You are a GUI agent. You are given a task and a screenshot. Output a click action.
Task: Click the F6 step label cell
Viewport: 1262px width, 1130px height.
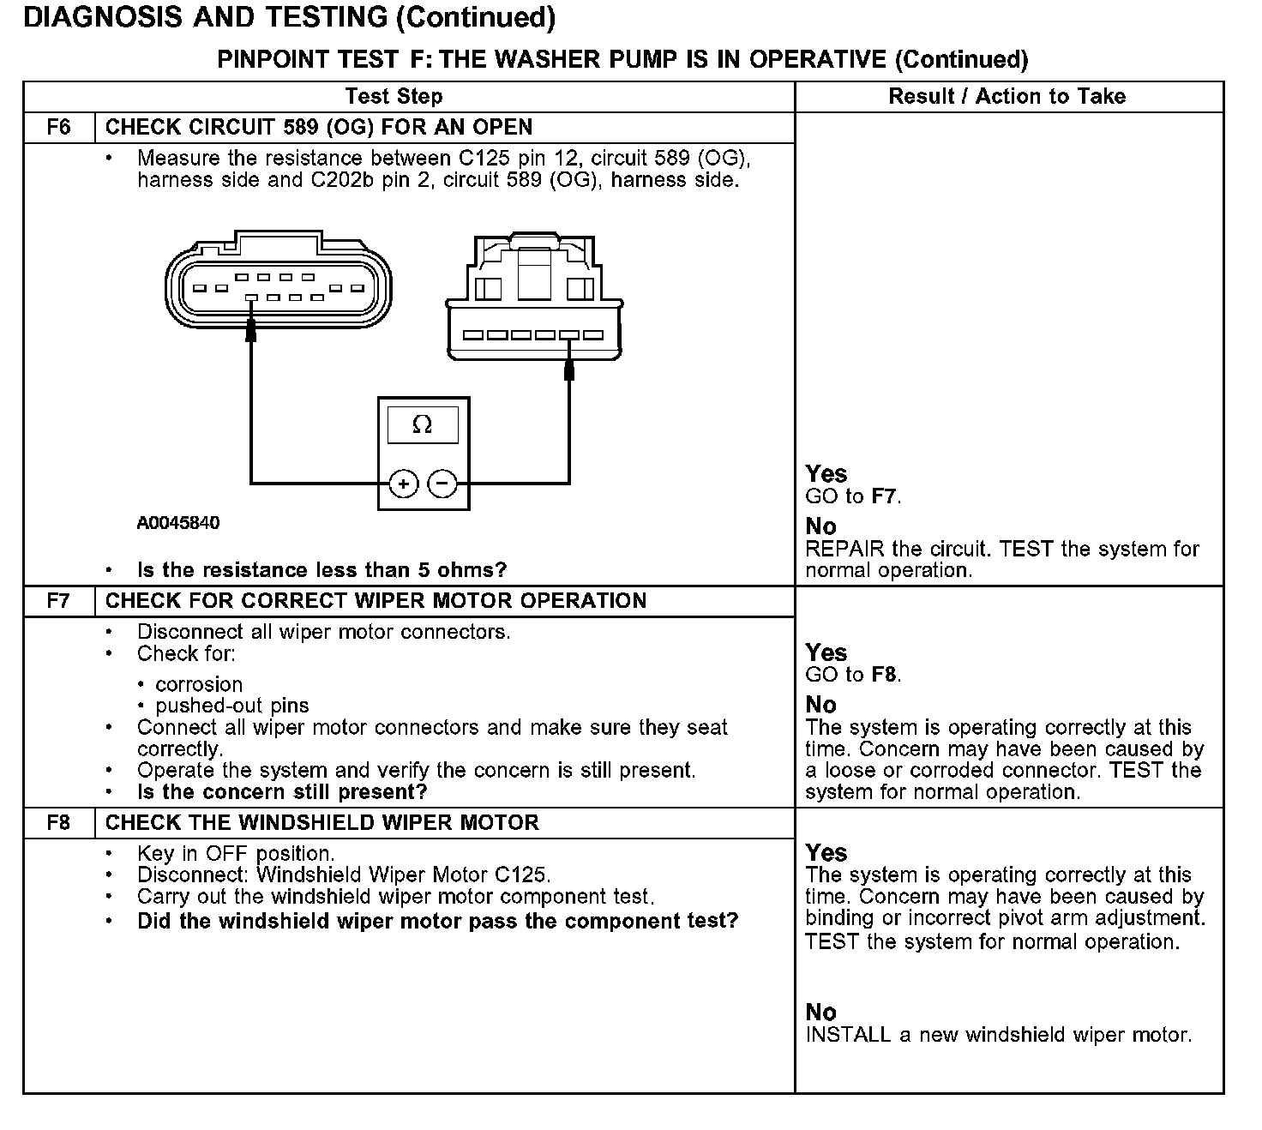58,128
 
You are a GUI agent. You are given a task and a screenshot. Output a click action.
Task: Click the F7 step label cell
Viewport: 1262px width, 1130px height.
58,601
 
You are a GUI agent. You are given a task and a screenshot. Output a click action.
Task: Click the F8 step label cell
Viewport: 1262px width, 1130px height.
58,823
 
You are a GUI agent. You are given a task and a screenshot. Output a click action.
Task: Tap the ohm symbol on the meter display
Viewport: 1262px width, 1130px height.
422,424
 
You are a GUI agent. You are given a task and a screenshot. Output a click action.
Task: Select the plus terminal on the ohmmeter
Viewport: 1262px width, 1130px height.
403,484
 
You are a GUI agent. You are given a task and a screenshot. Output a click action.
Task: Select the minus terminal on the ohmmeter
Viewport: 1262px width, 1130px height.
442,484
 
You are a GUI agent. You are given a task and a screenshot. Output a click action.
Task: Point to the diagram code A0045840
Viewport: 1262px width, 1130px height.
178,523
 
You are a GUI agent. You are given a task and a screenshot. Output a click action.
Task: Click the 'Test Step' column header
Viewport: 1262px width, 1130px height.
394,97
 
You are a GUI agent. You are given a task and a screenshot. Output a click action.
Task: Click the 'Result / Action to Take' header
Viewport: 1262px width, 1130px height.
1007,97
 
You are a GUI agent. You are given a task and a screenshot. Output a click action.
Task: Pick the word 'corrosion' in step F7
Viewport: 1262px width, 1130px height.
199,685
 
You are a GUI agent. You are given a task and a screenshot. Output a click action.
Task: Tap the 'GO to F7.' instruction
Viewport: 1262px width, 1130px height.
853,496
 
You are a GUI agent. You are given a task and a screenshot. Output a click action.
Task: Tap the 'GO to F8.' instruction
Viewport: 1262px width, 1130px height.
853,675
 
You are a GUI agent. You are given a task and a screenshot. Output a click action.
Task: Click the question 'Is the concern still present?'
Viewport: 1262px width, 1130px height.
282,792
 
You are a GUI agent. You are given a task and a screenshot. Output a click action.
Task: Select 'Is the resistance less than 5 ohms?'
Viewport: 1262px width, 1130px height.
322,570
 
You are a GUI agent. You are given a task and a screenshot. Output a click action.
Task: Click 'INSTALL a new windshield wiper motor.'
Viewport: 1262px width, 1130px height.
998,1035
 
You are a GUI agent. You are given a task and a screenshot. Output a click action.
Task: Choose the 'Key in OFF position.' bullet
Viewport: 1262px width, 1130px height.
236,854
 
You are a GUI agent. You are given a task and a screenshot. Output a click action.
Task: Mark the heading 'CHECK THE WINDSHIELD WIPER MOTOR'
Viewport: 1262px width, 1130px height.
322,823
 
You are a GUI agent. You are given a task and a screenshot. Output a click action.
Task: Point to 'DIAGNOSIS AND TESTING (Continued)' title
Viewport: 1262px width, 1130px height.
289,18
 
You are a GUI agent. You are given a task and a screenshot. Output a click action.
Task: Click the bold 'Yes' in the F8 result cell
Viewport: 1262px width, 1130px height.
826,853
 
